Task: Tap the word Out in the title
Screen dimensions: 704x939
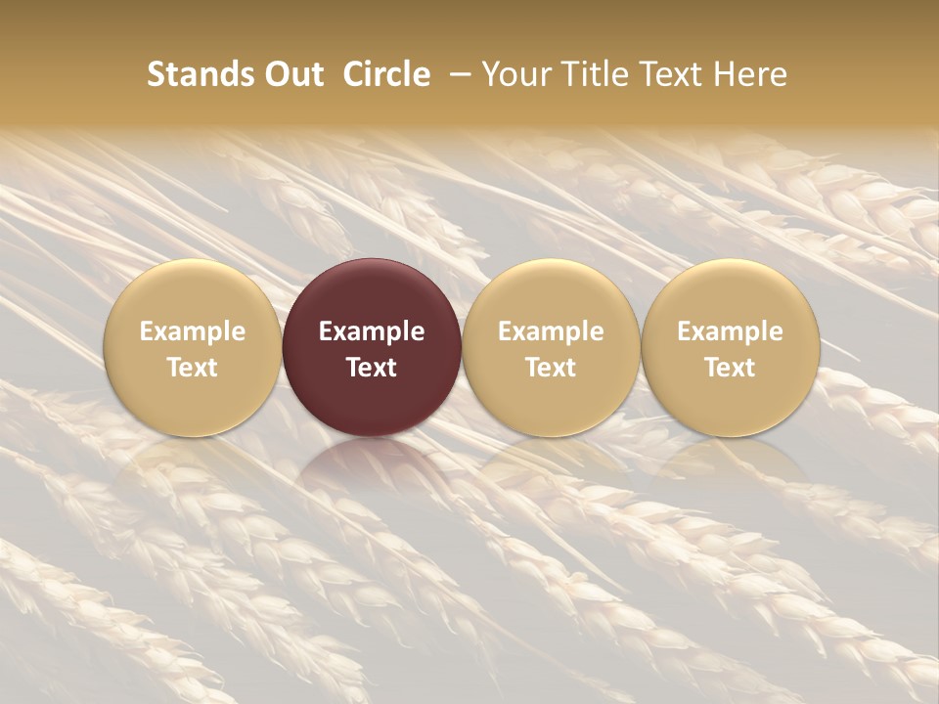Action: coord(292,74)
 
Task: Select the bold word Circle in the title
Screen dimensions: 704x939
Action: coord(386,74)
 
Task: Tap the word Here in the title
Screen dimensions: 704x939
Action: coord(749,74)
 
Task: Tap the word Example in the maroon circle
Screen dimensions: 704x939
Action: coord(372,331)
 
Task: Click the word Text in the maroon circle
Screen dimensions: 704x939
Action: coord(372,368)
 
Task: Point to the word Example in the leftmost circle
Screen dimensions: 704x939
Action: coord(193,331)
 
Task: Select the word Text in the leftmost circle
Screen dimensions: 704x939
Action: coord(193,368)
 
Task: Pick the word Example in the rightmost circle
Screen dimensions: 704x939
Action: coord(731,331)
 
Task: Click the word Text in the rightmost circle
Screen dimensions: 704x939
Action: coord(731,368)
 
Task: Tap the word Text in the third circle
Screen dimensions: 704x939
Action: coord(551,368)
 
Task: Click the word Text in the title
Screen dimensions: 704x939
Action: coord(670,74)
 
